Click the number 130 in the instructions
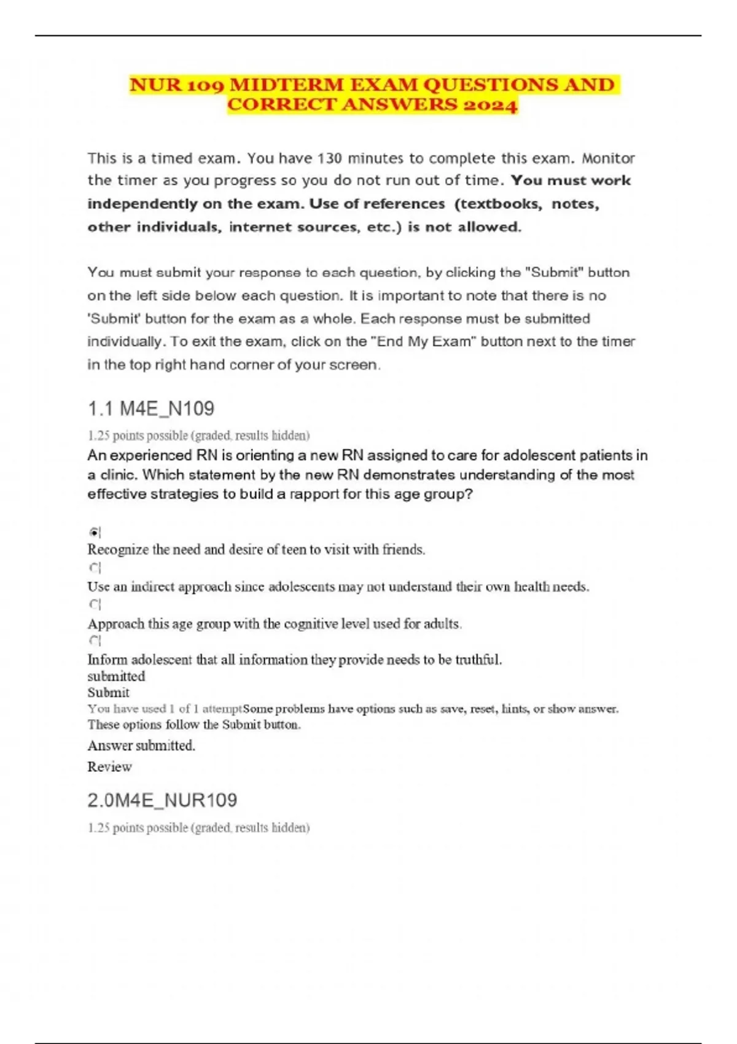point(330,158)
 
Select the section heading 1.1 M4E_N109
point(150,408)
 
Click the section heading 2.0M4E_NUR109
point(162,800)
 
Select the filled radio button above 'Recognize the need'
point(93,532)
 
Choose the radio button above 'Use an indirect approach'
point(93,568)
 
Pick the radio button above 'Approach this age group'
point(93,605)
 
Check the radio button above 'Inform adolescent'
point(93,641)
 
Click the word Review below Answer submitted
point(109,766)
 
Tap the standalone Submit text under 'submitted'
point(108,692)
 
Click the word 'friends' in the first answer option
point(403,550)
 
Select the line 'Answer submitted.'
point(141,746)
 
